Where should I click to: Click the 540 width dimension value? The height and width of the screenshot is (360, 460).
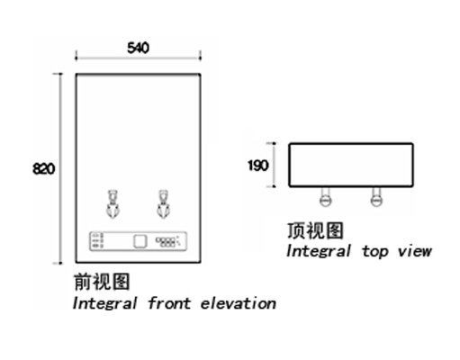pyautogui.click(x=138, y=48)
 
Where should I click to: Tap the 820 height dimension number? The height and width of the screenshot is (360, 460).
pyautogui.click(x=44, y=168)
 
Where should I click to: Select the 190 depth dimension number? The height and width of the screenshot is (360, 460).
pyautogui.click(x=257, y=166)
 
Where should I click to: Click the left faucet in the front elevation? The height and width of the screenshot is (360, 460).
pyautogui.click(x=113, y=204)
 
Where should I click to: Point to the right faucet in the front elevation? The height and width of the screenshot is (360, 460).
pyautogui.click(x=163, y=204)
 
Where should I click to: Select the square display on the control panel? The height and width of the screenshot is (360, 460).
pyautogui.click(x=140, y=241)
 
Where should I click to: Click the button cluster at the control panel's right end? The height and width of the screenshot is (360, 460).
pyautogui.click(x=167, y=241)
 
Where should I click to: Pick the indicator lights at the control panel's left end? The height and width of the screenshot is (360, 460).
pyautogui.click(x=98, y=241)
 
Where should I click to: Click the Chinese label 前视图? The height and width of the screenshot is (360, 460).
pyautogui.click(x=102, y=282)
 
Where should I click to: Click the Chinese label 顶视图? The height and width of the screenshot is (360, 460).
pyautogui.click(x=315, y=230)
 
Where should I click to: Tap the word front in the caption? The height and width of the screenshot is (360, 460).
pyautogui.click(x=169, y=303)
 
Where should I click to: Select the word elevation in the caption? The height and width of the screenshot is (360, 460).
pyautogui.click(x=239, y=303)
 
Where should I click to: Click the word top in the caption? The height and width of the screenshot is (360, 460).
pyautogui.click(x=375, y=251)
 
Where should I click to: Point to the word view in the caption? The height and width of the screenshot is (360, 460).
pyautogui.click(x=415, y=251)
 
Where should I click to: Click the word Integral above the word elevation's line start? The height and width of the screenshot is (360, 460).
pyautogui.click(x=105, y=303)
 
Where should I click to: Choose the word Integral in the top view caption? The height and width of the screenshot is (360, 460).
pyautogui.click(x=319, y=251)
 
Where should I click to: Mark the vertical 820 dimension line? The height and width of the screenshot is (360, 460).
pyautogui.click(x=60, y=168)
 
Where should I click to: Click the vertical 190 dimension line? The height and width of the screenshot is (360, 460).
pyautogui.click(x=274, y=165)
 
